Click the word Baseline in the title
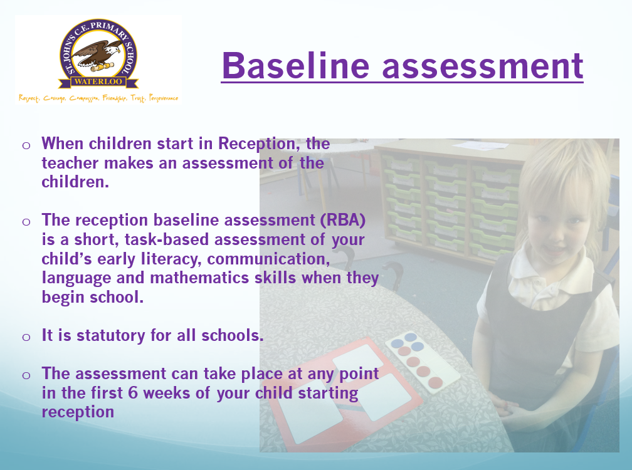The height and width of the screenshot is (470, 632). click(x=295, y=65)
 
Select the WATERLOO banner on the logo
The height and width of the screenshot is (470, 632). click(x=98, y=81)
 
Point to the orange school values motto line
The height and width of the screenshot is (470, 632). click(x=98, y=98)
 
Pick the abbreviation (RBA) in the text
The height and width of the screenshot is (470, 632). click(x=343, y=221)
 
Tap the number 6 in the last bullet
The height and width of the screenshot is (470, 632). click(x=133, y=393)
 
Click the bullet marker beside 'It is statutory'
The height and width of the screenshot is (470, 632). click(x=26, y=337)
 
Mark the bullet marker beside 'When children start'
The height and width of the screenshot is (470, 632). click(x=26, y=145)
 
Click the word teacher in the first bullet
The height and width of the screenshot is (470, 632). click(x=70, y=163)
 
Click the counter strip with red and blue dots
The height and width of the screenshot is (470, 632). click(x=422, y=363)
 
